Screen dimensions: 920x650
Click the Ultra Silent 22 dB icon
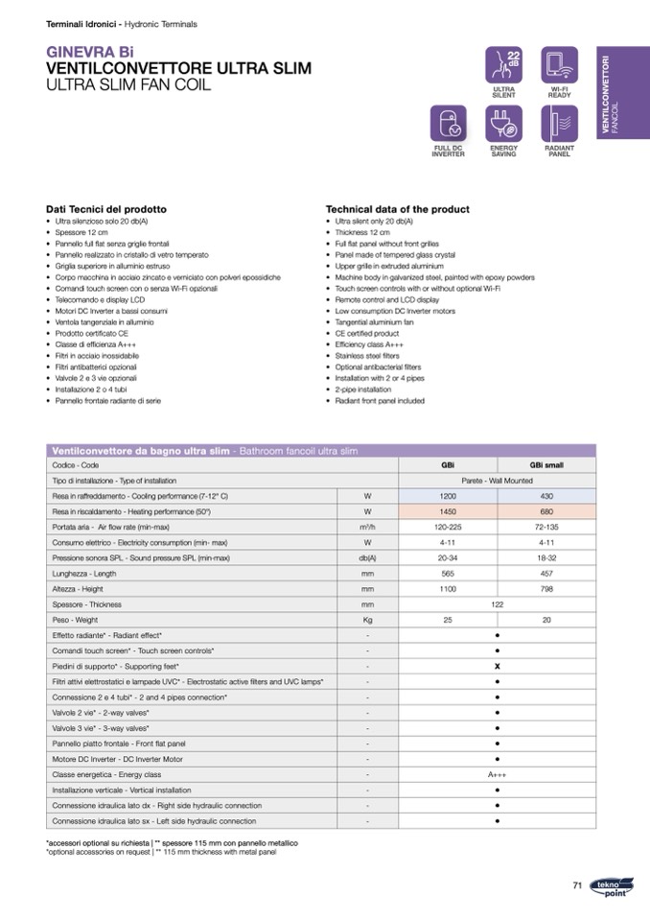[x=503, y=65]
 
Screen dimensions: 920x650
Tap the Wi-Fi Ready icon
[x=559, y=65]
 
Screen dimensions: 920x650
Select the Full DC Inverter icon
[x=448, y=124]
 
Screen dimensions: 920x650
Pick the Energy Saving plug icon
[x=503, y=124]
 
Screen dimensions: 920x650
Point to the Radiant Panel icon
[x=559, y=124]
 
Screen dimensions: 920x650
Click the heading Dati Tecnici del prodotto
[x=106, y=209]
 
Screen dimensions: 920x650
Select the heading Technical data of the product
[x=398, y=209]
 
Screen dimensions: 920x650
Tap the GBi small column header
[x=546, y=464]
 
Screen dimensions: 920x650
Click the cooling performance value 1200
[x=448, y=495]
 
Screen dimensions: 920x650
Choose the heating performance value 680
[x=546, y=511]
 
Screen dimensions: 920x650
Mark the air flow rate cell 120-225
[x=448, y=527]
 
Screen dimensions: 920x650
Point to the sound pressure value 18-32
[x=546, y=557]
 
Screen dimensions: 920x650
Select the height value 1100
[x=448, y=588]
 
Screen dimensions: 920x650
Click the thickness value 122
[x=498, y=604]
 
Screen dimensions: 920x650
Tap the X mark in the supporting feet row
[x=498, y=666]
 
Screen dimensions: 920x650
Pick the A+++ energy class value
[x=498, y=774]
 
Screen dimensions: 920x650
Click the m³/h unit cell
[x=367, y=527]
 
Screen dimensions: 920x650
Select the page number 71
[x=577, y=885]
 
